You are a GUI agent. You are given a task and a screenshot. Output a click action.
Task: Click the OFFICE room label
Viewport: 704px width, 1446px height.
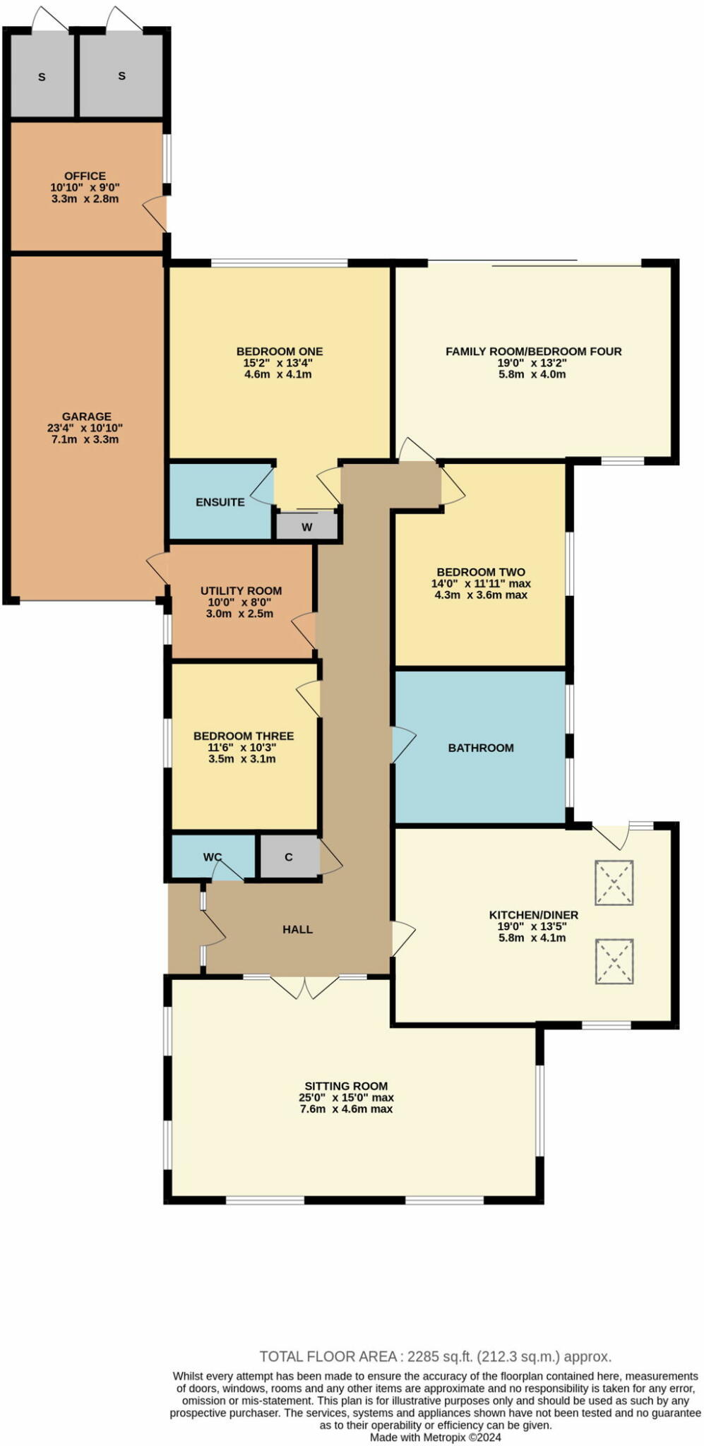[x=85, y=176]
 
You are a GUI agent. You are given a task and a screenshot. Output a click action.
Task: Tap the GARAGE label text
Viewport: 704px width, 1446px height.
[x=86, y=417]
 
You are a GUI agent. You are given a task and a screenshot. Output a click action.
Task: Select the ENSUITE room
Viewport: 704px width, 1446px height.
[x=220, y=502]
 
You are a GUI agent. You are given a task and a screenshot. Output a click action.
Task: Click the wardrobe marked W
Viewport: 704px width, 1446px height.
[x=307, y=527]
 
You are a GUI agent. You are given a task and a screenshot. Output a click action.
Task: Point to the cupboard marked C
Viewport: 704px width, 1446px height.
[x=289, y=857]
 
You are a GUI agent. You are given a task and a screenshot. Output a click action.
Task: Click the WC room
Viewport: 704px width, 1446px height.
[x=213, y=857]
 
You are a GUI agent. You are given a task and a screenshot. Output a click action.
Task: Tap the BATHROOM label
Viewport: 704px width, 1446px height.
[x=481, y=748]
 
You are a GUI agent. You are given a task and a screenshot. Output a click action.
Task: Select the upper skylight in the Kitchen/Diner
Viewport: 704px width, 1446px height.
[x=614, y=883]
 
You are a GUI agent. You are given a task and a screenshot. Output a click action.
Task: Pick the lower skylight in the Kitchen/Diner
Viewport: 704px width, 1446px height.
[x=614, y=961]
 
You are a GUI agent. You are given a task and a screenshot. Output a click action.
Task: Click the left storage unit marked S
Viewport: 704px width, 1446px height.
[x=42, y=76]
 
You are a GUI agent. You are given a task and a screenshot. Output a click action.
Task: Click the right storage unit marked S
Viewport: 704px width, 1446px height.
[x=121, y=76]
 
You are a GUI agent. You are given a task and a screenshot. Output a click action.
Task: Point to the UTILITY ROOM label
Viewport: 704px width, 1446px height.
[x=241, y=591]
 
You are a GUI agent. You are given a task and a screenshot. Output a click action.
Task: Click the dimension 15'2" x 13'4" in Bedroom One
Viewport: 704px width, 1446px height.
[x=278, y=363]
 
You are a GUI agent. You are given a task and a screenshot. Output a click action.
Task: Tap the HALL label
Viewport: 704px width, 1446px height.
[x=297, y=929]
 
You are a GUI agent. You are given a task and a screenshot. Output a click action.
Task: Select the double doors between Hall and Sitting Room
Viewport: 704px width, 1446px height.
[x=305, y=986]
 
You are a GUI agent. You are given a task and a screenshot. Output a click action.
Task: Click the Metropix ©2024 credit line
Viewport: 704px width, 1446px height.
[x=436, y=1437]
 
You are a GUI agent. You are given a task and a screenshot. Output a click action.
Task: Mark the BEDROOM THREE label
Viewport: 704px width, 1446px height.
[x=244, y=736]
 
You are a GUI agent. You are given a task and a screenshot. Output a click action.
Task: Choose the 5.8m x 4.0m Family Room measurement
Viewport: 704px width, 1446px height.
[x=534, y=374]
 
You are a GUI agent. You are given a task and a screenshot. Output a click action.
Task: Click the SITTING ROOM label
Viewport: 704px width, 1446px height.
[x=346, y=1086]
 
